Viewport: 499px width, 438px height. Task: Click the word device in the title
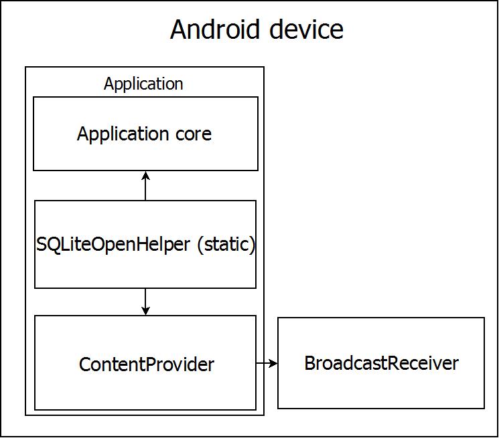click(309, 29)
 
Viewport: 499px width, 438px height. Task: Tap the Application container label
click(143, 84)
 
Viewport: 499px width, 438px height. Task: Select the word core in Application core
click(194, 134)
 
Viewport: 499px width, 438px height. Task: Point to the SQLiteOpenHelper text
click(113, 245)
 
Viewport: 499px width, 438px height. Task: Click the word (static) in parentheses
click(226, 245)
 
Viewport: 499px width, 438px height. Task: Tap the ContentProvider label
click(147, 364)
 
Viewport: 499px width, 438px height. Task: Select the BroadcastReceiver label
click(381, 363)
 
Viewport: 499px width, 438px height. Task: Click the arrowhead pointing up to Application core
click(145, 176)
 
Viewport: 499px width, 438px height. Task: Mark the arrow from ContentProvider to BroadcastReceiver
click(266, 363)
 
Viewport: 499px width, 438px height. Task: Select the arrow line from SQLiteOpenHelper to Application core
click(145, 188)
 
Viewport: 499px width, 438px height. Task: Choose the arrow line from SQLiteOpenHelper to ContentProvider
click(145, 300)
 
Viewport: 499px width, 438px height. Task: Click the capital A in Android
click(179, 29)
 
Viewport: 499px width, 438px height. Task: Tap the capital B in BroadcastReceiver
click(309, 363)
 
